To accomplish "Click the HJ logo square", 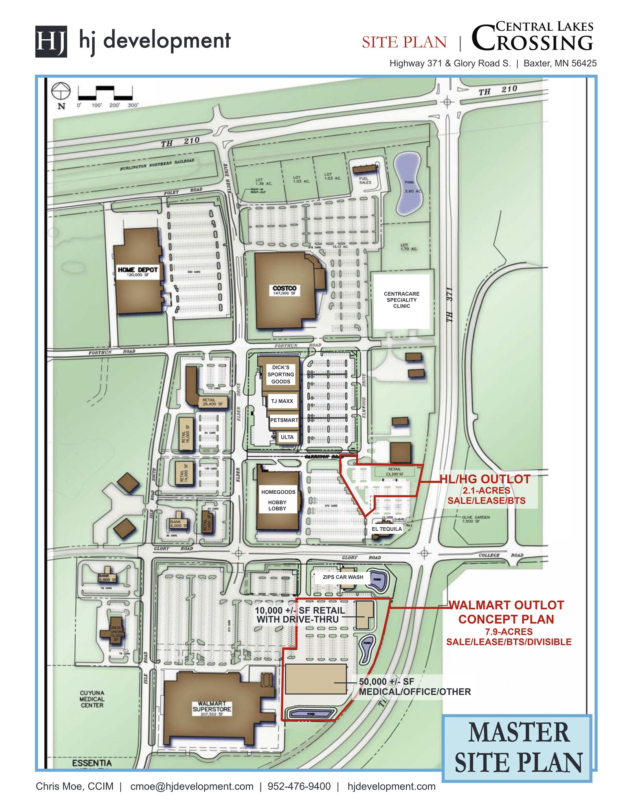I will click(x=51, y=42).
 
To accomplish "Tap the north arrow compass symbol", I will click(x=61, y=92).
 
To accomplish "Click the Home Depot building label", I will click(x=138, y=272).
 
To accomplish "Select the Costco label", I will click(x=284, y=290).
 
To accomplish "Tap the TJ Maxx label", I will click(x=282, y=401).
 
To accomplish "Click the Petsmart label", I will click(x=284, y=420).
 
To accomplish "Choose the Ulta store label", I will click(x=287, y=437).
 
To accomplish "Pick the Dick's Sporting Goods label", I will click(x=281, y=374).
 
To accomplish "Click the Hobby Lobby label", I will click(x=277, y=505).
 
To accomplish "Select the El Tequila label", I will click(x=387, y=529).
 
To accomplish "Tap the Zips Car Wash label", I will click(x=343, y=577).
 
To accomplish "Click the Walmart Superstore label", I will click(x=212, y=708).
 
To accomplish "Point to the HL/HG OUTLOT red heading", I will click(x=485, y=479).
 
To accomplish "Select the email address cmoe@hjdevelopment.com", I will click(x=192, y=786).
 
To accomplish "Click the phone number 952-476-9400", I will click(x=299, y=786).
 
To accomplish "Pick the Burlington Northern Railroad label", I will click(x=157, y=164).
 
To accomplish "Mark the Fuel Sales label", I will click(x=365, y=180).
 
